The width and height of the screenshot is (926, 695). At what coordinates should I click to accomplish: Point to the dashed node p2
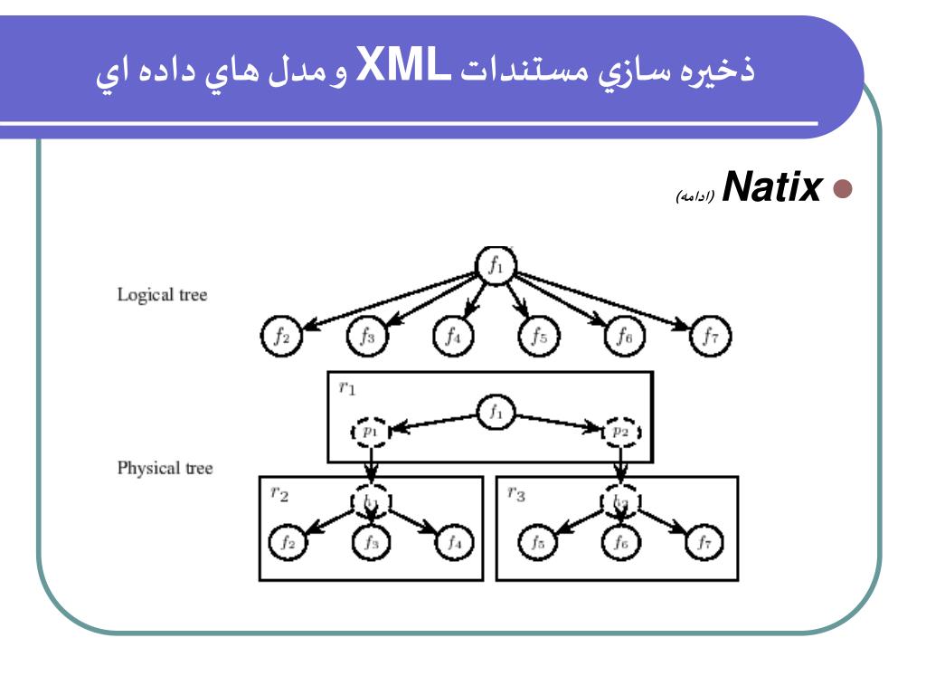[621, 432]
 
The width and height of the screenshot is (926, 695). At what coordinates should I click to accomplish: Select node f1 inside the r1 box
[496, 414]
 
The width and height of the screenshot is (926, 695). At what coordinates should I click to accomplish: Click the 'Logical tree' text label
[162, 295]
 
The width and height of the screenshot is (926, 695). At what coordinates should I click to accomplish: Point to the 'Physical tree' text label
[165, 470]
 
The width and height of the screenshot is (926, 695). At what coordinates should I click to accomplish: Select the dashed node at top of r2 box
[372, 500]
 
